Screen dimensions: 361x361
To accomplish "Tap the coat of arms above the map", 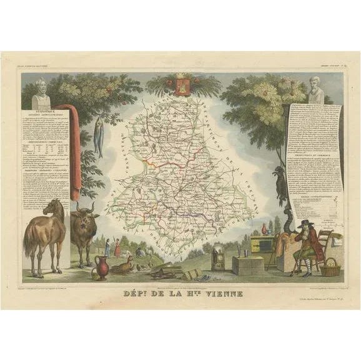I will pyautogui.click(x=182, y=86).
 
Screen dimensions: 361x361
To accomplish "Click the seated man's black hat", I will pyautogui.click(x=304, y=224).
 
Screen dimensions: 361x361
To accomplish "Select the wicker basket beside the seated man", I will pyautogui.click(x=330, y=268).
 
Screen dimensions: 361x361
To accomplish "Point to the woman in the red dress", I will pyautogui.click(x=116, y=248).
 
